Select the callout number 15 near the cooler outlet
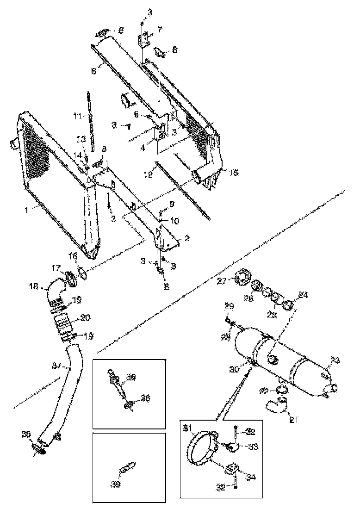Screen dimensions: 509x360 234,172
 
